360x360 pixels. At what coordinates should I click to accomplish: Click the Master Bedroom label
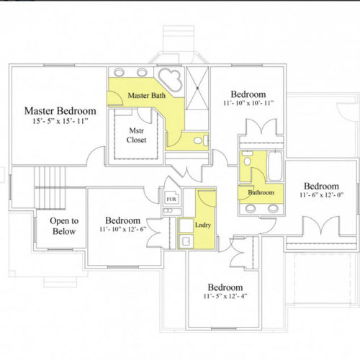tap(60, 111)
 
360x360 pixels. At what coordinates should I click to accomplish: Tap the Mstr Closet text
tap(136, 135)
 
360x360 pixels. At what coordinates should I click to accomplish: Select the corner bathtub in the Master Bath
tap(171, 79)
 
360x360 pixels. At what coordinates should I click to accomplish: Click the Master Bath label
tap(147, 95)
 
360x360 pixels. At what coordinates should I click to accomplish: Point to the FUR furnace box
tap(171, 198)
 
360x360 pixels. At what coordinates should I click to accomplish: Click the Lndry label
tap(203, 225)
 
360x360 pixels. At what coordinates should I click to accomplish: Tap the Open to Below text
tap(64, 226)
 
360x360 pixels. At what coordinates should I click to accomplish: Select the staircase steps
tap(50, 188)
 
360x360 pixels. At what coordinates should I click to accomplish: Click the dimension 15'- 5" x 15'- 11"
tap(60, 121)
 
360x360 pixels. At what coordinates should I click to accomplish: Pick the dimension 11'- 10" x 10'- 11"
tap(248, 103)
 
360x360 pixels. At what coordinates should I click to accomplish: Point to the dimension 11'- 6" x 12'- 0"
tap(321, 194)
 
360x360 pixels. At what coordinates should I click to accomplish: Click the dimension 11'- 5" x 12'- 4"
tap(225, 296)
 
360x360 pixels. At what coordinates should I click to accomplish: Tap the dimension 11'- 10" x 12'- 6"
tap(123, 229)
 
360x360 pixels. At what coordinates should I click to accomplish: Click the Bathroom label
tap(261, 192)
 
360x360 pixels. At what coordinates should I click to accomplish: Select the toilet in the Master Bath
tap(201, 140)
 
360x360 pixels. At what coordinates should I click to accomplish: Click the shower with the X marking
tap(197, 88)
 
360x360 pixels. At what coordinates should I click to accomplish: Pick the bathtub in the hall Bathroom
tap(275, 166)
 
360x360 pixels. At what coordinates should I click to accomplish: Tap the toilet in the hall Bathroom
tap(247, 158)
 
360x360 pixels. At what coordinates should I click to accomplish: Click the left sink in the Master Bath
tap(119, 72)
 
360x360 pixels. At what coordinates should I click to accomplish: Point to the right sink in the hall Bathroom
tap(273, 208)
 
